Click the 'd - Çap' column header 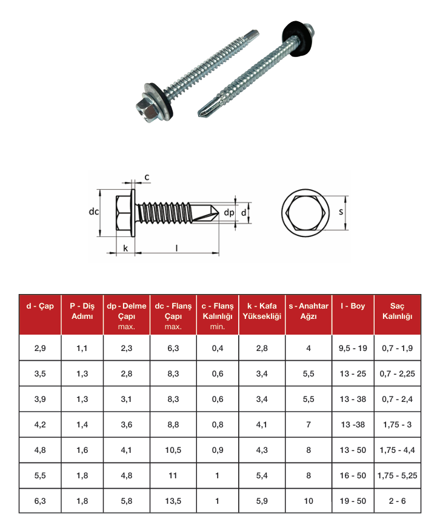(x=40, y=306)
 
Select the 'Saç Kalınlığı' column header (x=397, y=311)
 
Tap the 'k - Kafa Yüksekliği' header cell (x=262, y=311)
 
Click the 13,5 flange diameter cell (x=173, y=501)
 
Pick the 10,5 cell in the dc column (x=173, y=450)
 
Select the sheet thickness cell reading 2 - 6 (x=397, y=501)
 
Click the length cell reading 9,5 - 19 (x=353, y=348)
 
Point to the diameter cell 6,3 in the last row (x=40, y=501)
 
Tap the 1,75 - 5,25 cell (x=397, y=475)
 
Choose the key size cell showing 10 (x=309, y=501)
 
